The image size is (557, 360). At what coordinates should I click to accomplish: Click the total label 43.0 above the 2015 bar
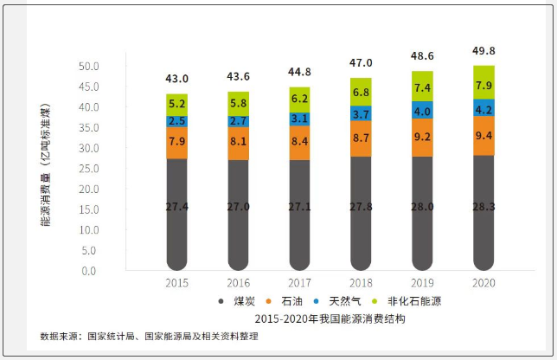176,79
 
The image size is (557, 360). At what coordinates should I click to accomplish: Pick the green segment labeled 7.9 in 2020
484,84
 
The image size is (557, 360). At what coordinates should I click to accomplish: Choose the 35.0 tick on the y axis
88,128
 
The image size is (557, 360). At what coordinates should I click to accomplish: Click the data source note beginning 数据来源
148,336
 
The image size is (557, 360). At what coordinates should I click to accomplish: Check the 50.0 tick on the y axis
88,67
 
